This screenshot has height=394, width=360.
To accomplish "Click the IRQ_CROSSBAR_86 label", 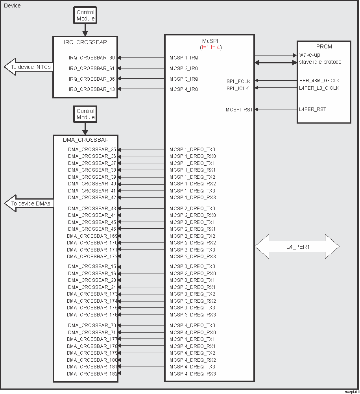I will coord(92,79).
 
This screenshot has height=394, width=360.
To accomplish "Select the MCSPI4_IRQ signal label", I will coord(184,89).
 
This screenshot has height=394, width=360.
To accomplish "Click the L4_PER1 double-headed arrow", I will coord(297,247).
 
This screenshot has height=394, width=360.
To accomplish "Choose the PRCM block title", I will coord(324,47).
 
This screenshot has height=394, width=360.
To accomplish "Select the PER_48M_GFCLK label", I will coord(319,81).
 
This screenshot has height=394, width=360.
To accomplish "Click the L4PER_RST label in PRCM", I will coord(312,109).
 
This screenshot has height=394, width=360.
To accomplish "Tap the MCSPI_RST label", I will coord(239,109).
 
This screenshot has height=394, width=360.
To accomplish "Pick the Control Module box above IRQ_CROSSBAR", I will coord(86,16).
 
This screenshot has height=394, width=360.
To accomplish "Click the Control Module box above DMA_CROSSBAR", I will coord(86,115).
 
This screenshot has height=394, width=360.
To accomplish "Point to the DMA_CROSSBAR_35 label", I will coord(92,150).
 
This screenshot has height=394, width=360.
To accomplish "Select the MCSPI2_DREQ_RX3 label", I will coord(192,257).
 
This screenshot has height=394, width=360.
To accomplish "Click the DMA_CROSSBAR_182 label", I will coord(91,374).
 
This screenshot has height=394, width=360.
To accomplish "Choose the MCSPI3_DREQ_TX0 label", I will coord(192,266).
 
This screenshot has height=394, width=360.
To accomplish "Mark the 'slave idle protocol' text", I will coord(321,62).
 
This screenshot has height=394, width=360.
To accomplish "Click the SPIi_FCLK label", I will coord(238,81).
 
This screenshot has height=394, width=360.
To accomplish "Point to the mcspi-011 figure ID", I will coord(351,392).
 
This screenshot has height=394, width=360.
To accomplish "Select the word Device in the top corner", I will coord(12,6).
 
